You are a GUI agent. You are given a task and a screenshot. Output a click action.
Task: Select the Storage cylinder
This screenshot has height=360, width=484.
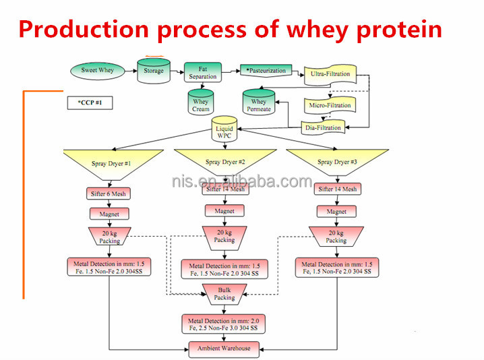(x=153, y=71)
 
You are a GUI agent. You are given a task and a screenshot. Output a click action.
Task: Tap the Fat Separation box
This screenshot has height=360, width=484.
(x=203, y=72)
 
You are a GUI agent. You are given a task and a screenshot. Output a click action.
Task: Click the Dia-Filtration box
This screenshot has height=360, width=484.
(x=324, y=127)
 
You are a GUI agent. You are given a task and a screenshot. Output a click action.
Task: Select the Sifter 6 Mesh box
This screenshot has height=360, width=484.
(x=109, y=193)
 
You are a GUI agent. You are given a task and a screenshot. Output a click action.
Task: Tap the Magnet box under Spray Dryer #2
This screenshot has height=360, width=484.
(x=224, y=211)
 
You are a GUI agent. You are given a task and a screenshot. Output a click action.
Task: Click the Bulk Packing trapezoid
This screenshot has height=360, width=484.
(x=224, y=294)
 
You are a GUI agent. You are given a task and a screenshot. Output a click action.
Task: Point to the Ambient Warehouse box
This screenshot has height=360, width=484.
(x=224, y=348)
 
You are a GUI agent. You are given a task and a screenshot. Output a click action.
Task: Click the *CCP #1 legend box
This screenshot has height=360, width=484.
(x=90, y=103)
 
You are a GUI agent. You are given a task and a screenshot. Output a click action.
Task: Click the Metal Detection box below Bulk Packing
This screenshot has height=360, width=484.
(x=223, y=324)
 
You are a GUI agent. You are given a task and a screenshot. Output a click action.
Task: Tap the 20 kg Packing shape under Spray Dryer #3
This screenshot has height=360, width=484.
(x=336, y=237)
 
